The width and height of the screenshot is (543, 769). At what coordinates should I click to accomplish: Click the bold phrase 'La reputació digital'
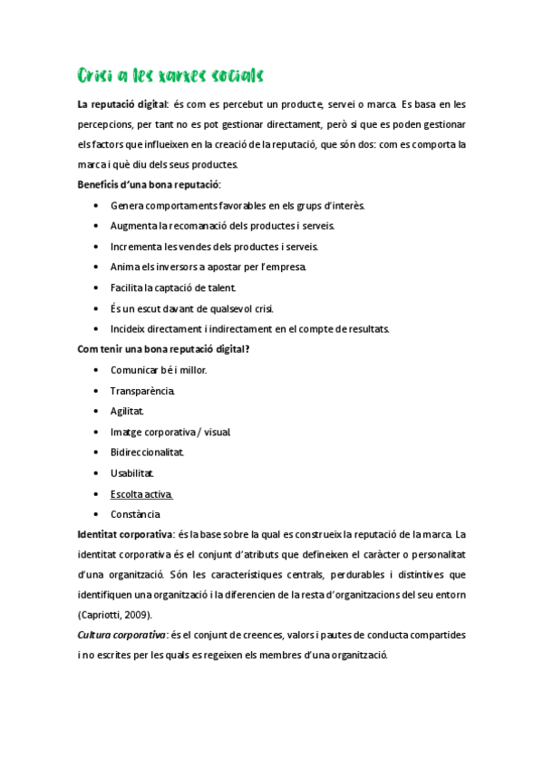122,103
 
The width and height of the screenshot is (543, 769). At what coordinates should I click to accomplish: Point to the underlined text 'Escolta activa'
141,493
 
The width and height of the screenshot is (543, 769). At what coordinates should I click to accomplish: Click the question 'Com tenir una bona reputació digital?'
163,349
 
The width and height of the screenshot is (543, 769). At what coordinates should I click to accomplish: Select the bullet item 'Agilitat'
127,411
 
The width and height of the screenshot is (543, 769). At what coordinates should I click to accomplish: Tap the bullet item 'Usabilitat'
132,472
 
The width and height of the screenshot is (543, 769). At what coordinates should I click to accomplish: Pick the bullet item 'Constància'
136,514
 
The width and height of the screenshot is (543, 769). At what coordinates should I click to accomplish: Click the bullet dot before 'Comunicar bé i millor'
97,370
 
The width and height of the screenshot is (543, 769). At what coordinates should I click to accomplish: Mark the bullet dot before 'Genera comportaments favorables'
97,206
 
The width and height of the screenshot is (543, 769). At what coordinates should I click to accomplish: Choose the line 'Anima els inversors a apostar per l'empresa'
208,267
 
